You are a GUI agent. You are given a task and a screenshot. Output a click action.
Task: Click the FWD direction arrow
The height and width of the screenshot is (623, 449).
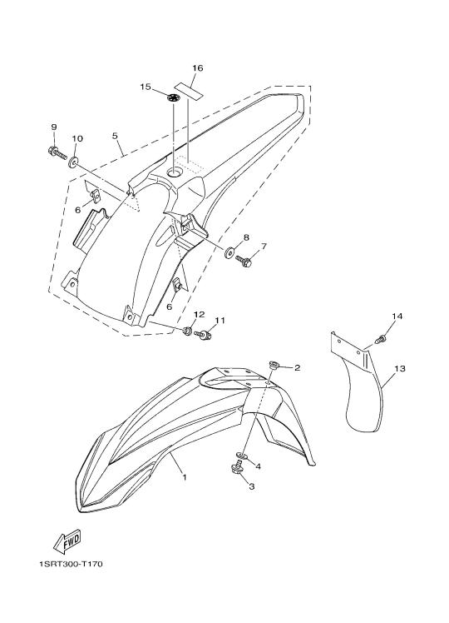67,541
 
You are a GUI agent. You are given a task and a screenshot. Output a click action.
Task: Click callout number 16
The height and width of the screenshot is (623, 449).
198,68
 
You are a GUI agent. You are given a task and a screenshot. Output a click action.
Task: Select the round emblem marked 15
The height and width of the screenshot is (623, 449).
173,97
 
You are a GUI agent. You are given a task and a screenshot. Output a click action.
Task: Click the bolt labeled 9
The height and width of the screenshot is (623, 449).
57,152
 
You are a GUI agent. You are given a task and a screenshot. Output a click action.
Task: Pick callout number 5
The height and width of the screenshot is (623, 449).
115,136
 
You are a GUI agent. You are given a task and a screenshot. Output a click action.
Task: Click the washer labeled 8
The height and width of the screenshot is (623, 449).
229,252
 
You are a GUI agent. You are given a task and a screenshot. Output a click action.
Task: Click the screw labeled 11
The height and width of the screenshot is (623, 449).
203,336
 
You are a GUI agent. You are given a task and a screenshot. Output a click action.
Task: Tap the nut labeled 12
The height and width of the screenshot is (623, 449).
187,330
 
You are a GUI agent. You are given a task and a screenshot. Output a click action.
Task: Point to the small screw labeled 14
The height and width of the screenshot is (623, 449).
380,339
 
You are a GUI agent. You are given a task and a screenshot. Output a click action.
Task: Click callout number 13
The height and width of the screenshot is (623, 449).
400,369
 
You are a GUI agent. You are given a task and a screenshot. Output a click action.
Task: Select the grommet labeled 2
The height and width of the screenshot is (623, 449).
274,364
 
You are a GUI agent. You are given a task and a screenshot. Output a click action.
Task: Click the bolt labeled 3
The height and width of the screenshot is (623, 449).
237,467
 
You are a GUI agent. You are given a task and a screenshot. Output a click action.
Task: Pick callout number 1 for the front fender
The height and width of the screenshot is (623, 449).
185,476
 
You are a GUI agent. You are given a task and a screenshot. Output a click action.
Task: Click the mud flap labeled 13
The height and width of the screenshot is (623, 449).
356,381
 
